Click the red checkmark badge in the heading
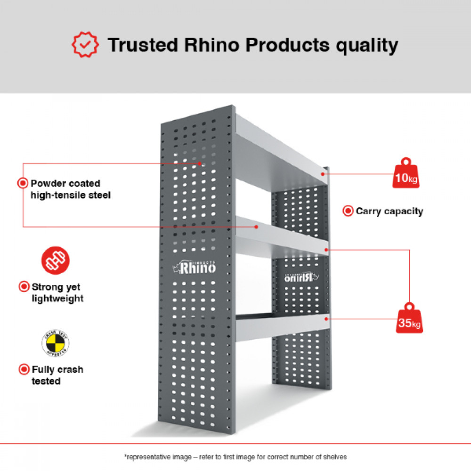(x=85, y=44)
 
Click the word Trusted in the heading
(x=143, y=45)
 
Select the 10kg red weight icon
(x=406, y=174)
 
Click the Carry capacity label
(x=389, y=211)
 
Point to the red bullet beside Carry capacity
(x=348, y=211)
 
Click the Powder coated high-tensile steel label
(x=70, y=189)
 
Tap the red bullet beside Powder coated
(x=22, y=183)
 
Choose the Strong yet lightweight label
(x=57, y=292)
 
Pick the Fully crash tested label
(x=57, y=375)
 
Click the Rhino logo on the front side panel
(x=195, y=268)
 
